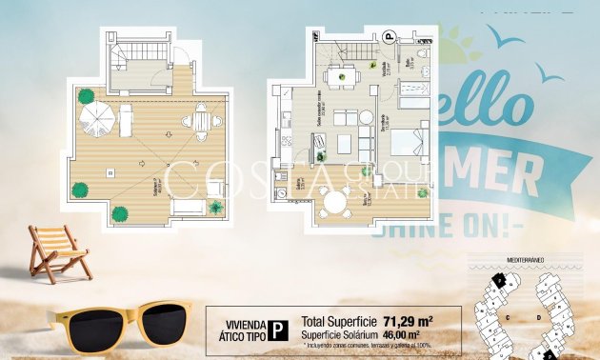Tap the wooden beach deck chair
click(58, 251)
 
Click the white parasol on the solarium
click(96, 117)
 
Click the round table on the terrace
click(334, 201)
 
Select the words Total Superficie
click(333, 321)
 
